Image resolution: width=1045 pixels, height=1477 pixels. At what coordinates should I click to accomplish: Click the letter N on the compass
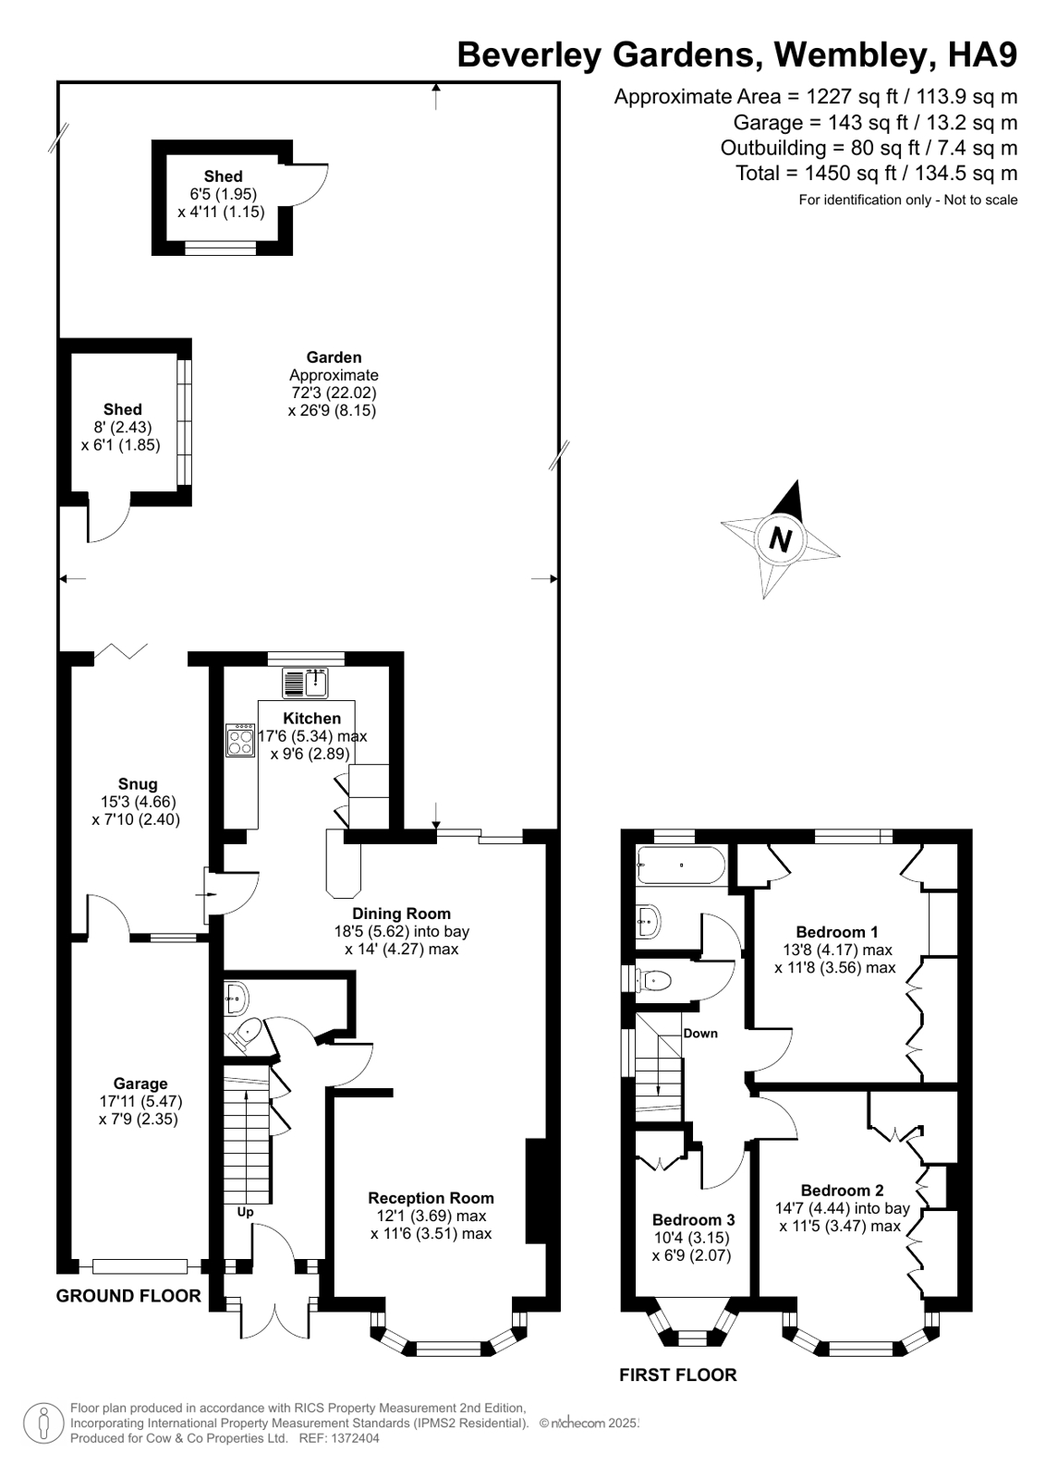point(781,539)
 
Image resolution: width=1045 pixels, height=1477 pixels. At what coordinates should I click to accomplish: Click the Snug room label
point(137,784)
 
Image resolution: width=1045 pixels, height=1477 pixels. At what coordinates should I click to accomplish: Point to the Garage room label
point(140,1084)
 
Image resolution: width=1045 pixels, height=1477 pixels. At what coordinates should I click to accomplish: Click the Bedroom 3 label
point(693,1219)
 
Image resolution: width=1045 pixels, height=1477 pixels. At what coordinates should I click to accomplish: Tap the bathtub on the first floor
point(681,866)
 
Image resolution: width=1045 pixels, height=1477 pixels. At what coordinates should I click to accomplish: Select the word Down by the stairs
point(700,1034)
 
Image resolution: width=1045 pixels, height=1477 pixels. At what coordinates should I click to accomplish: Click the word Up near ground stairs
point(245,1212)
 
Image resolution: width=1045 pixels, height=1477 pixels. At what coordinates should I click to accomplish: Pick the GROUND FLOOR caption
point(128,1296)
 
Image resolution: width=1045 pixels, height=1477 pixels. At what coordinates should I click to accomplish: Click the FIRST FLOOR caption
point(677,1375)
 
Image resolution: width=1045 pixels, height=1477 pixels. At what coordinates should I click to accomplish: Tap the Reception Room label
point(431,1198)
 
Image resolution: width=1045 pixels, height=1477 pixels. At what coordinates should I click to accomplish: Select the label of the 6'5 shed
point(223,176)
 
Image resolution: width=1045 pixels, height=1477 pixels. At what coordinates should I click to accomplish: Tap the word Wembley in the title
point(849,55)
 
